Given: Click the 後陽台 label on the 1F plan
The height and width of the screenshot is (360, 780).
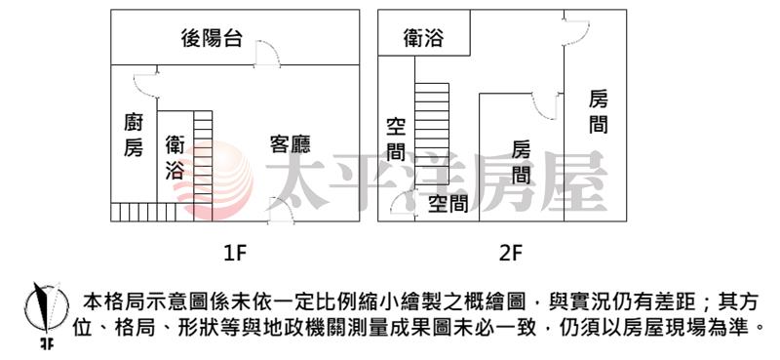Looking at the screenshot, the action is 212,38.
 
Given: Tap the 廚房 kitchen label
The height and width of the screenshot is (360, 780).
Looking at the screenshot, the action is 134,135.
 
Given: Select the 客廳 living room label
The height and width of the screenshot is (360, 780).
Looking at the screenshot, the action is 291,143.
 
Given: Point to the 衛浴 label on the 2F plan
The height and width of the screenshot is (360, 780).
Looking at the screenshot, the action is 423,38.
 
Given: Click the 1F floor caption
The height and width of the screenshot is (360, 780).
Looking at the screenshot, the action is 235,254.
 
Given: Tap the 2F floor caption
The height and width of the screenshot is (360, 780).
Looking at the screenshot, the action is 511,254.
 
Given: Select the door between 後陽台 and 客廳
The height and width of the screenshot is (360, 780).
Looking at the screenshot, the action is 267,55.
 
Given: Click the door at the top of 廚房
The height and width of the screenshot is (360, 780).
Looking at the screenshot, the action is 146,85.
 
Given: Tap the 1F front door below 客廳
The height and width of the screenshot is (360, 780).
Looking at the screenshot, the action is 281,211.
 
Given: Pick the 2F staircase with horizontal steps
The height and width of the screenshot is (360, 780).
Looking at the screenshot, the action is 432,134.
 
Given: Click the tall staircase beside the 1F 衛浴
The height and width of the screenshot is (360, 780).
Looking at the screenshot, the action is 203,166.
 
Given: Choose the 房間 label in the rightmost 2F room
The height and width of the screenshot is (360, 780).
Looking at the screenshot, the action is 599,111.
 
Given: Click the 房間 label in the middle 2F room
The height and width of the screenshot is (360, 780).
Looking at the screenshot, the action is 522,162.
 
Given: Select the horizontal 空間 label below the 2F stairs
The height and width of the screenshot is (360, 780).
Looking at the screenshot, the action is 448,203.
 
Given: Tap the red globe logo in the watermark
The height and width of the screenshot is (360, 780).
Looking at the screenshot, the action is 214,180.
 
